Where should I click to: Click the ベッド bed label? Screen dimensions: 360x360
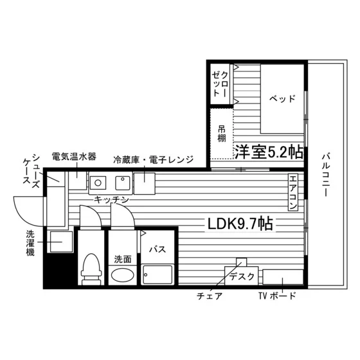(282, 98)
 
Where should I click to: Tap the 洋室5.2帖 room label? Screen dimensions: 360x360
(269, 152)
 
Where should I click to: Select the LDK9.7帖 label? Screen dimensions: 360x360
(240, 224)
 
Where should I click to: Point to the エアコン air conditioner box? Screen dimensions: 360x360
(292, 192)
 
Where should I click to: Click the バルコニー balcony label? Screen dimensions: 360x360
(325, 175)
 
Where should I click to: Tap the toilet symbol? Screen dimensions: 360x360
(91, 269)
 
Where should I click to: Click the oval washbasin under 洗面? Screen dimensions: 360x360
(122, 275)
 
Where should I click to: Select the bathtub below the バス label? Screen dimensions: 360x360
(157, 274)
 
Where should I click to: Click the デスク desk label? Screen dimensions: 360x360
(242, 276)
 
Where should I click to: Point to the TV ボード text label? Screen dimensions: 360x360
(277, 296)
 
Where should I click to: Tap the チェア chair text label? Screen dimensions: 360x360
(210, 296)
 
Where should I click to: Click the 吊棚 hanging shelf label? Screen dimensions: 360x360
(222, 134)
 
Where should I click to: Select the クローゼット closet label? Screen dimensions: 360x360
(220, 84)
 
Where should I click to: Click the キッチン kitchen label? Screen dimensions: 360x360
(112, 200)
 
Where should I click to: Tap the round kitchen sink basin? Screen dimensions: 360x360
(98, 183)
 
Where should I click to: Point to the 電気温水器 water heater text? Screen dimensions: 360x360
(74, 157)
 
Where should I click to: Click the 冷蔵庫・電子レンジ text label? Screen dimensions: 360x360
(154, 159)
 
